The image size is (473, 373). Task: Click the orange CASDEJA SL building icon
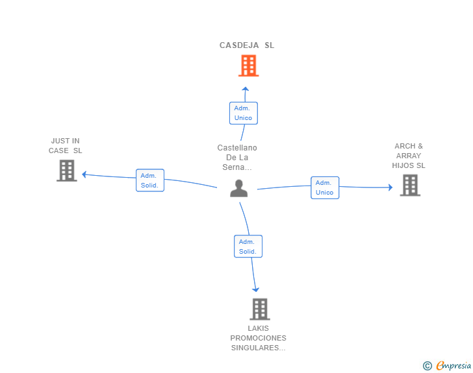248,66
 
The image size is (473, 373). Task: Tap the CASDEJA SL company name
247,45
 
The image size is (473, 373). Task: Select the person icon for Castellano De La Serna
239,188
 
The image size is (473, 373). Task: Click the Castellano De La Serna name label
237,158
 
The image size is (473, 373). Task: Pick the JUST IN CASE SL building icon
66,171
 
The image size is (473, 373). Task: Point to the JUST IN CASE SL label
66,146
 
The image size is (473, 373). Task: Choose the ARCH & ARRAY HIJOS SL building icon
409,186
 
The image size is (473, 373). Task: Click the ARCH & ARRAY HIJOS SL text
409,156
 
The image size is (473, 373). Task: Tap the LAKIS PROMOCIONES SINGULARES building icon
259,309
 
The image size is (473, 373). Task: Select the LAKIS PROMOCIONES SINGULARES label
258,338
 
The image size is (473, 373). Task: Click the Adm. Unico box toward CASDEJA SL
244,113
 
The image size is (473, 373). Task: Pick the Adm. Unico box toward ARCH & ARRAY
324,187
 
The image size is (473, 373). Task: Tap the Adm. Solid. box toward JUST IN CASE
149,180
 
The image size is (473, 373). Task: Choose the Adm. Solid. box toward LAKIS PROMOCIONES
248,247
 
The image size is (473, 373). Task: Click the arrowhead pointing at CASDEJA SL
245,90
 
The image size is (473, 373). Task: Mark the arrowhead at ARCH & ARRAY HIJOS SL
390,187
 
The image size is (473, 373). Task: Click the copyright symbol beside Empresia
427,367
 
